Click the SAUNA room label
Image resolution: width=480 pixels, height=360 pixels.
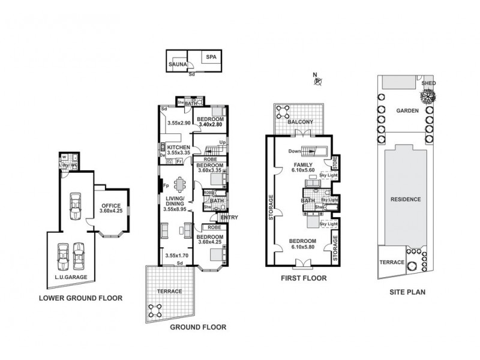coord(177,64)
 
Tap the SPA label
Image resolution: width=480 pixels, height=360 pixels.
coord(211,57)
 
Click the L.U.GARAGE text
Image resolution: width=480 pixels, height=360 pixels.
coord(71,277)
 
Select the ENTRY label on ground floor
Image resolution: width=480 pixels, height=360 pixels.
coord(229,217)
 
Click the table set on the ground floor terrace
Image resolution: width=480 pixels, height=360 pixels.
coord(155,310)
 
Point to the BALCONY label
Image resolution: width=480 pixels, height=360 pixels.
coord(301,122)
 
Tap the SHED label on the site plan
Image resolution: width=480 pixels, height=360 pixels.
coord(428,83)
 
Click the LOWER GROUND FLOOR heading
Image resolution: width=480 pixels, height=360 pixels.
coord(80,298)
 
